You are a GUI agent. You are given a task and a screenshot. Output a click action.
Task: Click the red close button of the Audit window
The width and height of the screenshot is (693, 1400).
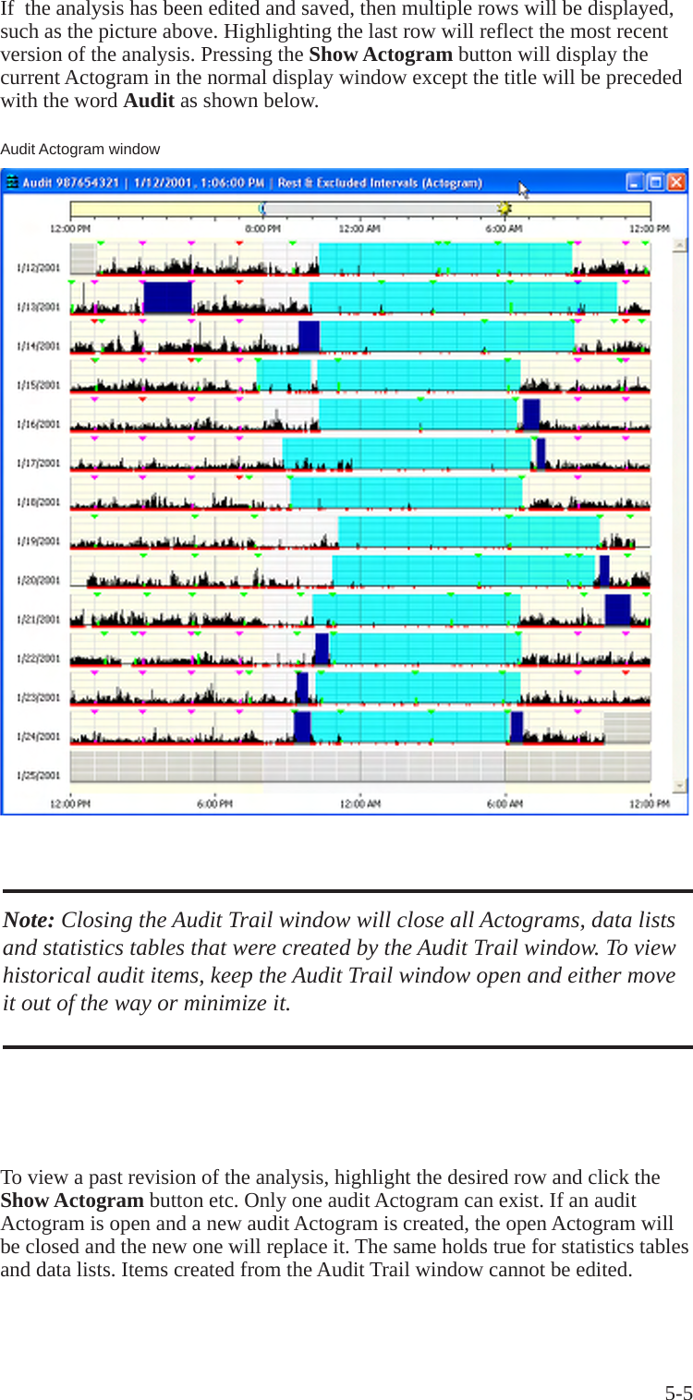[677, 182]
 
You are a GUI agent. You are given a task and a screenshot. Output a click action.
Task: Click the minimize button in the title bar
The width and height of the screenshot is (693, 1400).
[635, 182]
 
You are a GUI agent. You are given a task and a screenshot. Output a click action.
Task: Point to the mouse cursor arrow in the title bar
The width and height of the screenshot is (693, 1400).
[523, 189]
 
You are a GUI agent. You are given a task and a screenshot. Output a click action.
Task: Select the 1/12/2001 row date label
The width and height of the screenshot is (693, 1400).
[38, 268]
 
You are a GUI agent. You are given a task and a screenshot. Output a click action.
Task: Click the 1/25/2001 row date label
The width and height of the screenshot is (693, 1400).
[38, 776]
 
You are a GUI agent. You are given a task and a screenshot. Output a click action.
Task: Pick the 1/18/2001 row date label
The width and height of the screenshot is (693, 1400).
[38, 502]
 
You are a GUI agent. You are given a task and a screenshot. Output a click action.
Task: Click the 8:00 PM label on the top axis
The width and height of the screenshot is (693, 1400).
[262, 228]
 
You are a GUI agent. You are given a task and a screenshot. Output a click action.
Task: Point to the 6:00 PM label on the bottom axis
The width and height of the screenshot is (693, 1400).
[214, 804]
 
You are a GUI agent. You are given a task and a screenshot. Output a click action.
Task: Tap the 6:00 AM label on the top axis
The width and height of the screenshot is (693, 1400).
[505, 228]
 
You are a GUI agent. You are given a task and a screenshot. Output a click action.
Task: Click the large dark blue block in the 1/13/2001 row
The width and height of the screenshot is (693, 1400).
[167, 297]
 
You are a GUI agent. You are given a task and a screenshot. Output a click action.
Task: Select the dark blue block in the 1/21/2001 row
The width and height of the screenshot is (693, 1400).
[617, 609]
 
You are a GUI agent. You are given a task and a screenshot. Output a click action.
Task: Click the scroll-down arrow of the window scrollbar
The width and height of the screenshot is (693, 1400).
[679, 786]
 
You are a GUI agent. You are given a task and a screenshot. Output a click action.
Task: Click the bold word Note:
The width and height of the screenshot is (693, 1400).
[29, 921]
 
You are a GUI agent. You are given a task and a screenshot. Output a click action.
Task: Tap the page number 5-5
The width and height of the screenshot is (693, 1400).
[678, 1394]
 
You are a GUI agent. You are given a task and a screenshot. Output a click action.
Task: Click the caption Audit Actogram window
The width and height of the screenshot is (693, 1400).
[80, 150]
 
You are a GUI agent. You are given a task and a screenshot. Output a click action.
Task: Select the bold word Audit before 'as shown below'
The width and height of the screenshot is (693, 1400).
[149, 101]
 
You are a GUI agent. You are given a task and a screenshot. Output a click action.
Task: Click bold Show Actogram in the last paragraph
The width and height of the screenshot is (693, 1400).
[72, 1201]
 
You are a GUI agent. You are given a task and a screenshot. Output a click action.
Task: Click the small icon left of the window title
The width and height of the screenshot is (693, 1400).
[12, 183]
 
